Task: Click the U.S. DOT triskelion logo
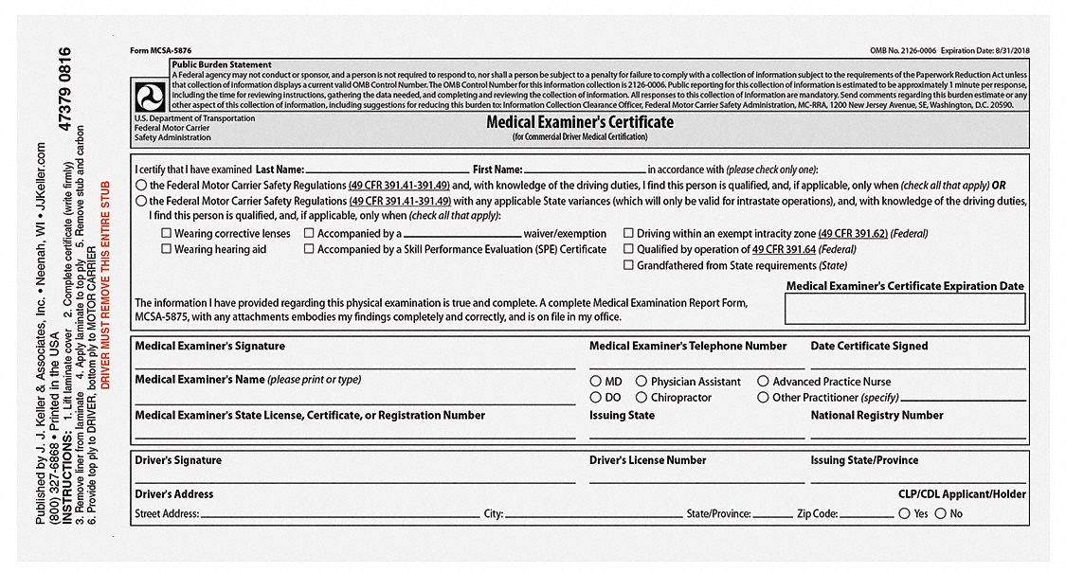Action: click(150, 97)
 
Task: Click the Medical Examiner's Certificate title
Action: click(580, 122)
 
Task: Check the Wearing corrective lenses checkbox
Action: click(166, 234)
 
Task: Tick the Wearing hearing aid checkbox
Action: click(166, 250)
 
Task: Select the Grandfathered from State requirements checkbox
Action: click(628, 266)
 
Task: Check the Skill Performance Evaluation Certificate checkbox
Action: click(309, 250)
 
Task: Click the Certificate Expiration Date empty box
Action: click(904, 309)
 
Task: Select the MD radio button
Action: click(595, 382)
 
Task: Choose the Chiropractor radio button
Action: click(641, 398)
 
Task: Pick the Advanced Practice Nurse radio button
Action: click(763, 382)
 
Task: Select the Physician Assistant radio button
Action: click(641, 382)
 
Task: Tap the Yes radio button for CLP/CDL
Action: click(904, 513)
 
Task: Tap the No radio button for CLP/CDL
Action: click(940, 513)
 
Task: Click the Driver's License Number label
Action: click(647, 460)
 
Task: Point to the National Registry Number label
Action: click(876, 416)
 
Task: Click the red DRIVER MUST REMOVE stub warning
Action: click(105, 284)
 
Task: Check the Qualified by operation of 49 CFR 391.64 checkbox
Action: click(628, 250)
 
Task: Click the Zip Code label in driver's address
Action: click(817, 514)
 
